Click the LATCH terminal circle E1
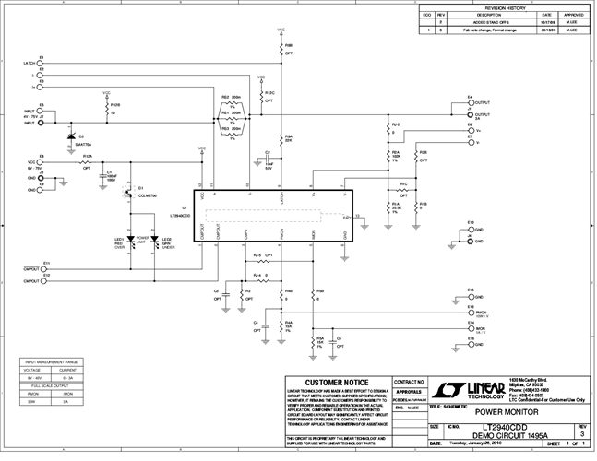click(x=42, y=64)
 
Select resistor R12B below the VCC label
click(x=107, y=107)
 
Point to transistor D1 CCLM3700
click(x=130, y=191)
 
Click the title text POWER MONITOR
click(x=506, y=412)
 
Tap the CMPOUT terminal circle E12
click(x=43, y=278)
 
